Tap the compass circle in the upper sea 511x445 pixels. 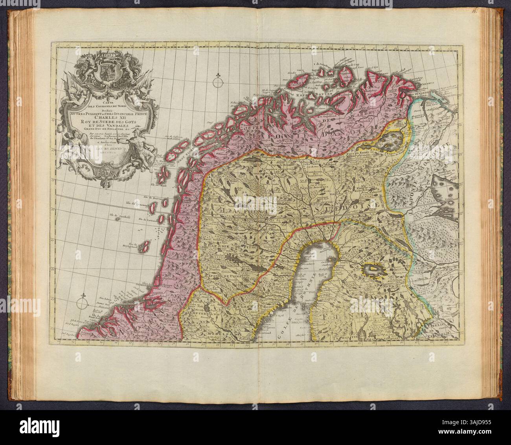(x=217, y=83)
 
